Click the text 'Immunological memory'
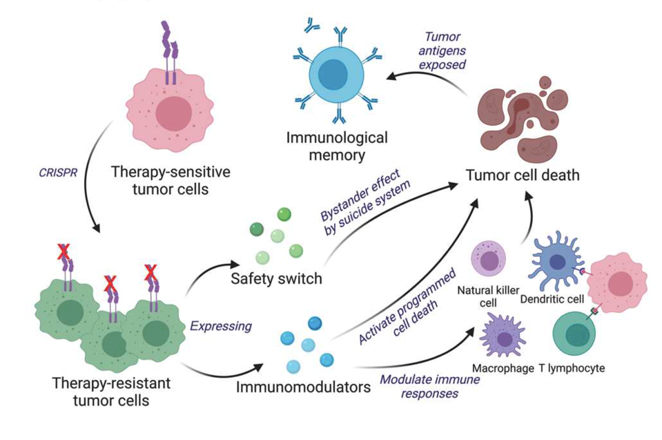(337, 146)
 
